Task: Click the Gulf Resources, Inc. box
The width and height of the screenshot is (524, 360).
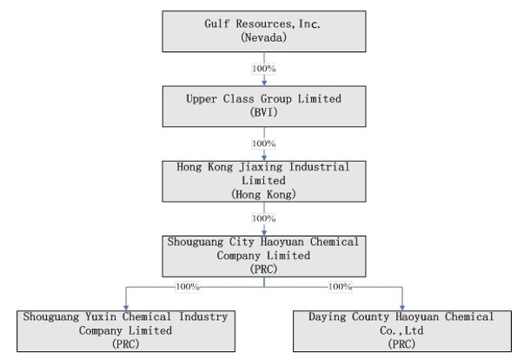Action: coord(264,30)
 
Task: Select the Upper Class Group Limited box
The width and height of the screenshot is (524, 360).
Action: coord(264,105)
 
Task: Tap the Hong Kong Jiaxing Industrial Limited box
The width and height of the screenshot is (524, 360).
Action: coord(264,180)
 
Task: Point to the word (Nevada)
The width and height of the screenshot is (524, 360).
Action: coord(264,39)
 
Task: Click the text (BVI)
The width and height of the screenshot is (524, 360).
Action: coord(264,113)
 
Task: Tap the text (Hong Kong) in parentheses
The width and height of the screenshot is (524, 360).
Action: coord(264,195)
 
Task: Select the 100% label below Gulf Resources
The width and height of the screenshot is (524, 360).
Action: coord(264,68)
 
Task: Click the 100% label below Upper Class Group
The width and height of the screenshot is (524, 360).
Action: coord(264,143)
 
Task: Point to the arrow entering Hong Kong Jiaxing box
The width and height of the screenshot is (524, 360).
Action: coord(264,155)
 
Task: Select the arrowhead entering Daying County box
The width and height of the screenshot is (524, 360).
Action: coord(402,305)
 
